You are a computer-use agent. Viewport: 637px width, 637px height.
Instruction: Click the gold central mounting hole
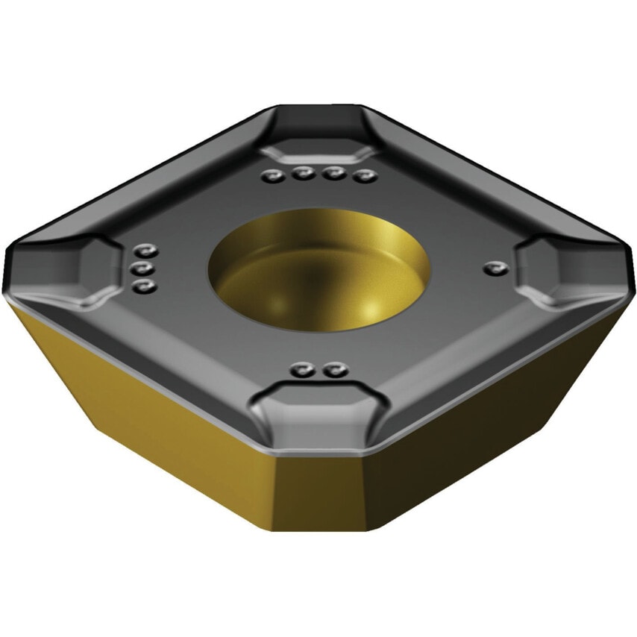[318, 271]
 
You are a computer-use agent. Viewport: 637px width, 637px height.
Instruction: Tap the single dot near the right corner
[491, 266]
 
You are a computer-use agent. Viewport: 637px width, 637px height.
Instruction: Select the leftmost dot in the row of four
[272, 176]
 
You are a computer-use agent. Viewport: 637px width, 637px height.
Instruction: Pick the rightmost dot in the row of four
[363, 177]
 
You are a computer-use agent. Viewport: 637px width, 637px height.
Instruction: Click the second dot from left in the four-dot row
[302, 175]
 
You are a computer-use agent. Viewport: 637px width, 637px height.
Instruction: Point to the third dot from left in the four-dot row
[333, 175]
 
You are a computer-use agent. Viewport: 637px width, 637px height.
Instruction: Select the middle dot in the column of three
[145, 269]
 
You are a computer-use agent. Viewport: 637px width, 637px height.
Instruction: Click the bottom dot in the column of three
[145, 286]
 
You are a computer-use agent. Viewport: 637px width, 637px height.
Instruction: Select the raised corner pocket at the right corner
[567, 269]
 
